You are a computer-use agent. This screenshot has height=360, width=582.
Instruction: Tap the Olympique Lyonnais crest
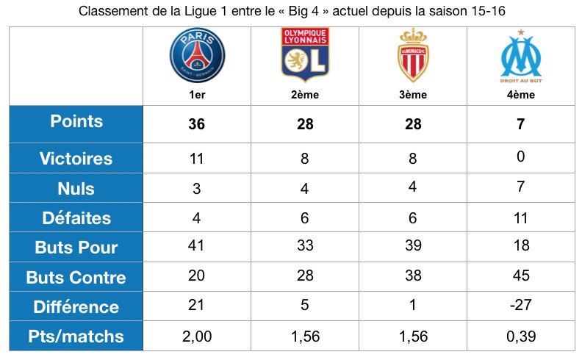[x=305, y=54]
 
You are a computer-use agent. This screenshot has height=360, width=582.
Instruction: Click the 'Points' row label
[x=76, y=122]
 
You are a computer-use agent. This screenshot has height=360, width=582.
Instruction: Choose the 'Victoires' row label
[x=76, y=158]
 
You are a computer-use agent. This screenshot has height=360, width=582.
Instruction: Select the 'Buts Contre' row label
[x=76, y=277]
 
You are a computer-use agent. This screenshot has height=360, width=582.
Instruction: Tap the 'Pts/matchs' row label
[x=76, y=337]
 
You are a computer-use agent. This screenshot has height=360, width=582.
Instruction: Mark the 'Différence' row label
[x=76, y=307]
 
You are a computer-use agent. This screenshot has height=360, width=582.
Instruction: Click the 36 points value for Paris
[x=196, y=124]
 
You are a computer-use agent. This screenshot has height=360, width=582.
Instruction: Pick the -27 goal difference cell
[x=520, y=306]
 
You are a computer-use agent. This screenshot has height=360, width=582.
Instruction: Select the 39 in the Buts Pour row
[x=413, y=247]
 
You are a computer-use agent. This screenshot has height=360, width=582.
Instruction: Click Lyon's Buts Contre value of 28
[x=305, y=276]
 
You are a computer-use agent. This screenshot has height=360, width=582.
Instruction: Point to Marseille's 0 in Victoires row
[x=520, y=158]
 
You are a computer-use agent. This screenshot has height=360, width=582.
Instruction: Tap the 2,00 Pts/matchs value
[x=196, y=337]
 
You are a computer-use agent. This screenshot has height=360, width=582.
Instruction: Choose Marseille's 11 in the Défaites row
[x=520, y=217]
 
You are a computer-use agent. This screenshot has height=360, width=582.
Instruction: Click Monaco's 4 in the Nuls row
[x=413, y=187]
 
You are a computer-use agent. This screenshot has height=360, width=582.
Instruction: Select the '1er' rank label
[x=196, y=95]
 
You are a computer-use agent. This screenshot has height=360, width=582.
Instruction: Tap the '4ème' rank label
[x=520, y=95]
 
